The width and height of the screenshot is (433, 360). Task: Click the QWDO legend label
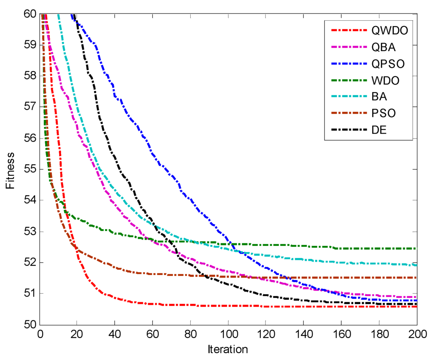(x=387, y=31)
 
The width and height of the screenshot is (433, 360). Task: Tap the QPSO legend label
(x=386, y=64)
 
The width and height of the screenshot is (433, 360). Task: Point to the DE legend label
(x=378, y=130)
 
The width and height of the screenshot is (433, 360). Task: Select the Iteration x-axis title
(x=227, y=349)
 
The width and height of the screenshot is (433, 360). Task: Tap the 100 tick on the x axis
(x=228, y=332)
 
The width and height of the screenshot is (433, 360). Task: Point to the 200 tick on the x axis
(x=417, y=332)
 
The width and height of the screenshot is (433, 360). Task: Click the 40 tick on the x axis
(x=115, y=332)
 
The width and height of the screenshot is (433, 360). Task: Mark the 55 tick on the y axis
(x=30, y=169)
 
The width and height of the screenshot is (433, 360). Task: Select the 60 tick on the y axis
(x=30, y=14)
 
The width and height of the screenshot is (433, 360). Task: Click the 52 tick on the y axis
(x=30, y=262)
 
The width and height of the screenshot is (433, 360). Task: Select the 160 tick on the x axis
(x=341, y=332)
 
